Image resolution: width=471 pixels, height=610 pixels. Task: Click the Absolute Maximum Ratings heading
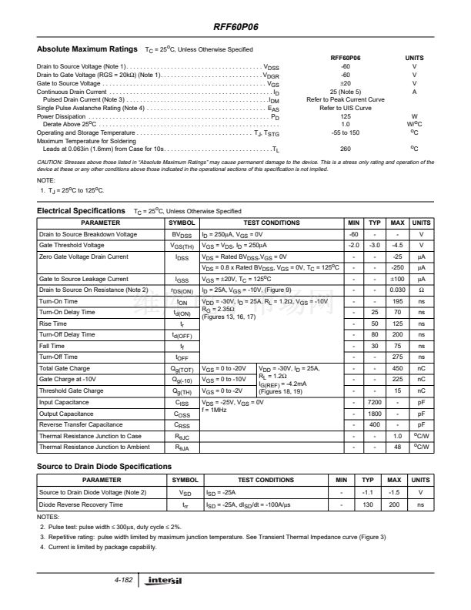coord(87,49)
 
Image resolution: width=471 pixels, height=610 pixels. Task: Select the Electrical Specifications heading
coord(81,210)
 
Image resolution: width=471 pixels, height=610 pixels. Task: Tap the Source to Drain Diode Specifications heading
coord(104,467)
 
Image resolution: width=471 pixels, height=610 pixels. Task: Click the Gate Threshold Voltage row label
coord(71,245)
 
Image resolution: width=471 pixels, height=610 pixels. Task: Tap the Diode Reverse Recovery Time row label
coord(81,504)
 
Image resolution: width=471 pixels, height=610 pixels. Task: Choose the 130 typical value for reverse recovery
coord(368,504)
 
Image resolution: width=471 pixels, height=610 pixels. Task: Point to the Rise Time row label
coord(53,323)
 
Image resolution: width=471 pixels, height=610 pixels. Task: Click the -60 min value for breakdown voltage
coord(355,234)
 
